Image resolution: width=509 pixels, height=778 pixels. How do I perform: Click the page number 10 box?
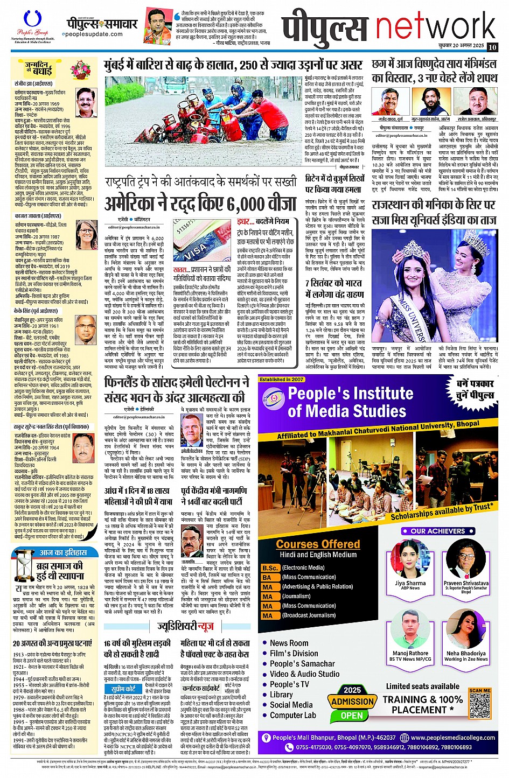tap(492, 47)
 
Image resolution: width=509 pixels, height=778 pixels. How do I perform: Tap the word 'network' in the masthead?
tap(435, 27)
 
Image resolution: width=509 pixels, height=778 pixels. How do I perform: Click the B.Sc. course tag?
tap(269, 567)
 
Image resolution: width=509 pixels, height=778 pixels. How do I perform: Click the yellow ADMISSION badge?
tap(352, 702)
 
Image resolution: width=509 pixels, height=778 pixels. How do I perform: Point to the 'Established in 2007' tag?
tap(282, 380)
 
